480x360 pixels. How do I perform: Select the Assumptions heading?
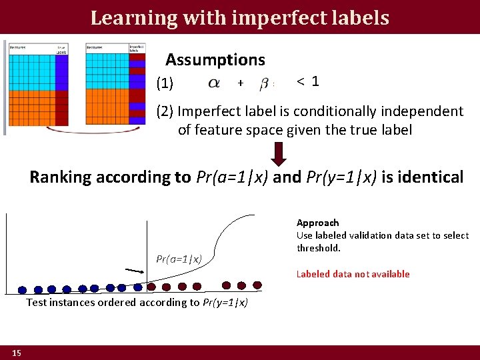click(215, 60)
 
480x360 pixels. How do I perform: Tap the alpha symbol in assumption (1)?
click(214, 83)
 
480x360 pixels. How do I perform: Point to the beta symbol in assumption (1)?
click(264, 83)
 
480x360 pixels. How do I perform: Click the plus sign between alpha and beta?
click(240, 83)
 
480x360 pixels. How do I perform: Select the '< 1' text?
click(308, 81)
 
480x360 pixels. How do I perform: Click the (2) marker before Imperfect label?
click(165, 111)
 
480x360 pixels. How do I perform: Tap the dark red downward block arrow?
click(280, 153)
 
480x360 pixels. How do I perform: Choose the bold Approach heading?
click(317, 223)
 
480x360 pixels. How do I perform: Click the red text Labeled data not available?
click(353, 274)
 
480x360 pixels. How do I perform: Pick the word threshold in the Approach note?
click(319, 248)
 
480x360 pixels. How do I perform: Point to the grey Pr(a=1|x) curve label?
click(179, 258)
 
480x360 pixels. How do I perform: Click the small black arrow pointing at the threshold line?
click(135, 271)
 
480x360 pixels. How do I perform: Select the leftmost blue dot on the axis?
click(22, 290)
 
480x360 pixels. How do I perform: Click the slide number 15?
click(16, 352)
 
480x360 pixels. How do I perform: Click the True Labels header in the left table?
click(61, 49)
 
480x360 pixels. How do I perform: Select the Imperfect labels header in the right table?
click(137, 49)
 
